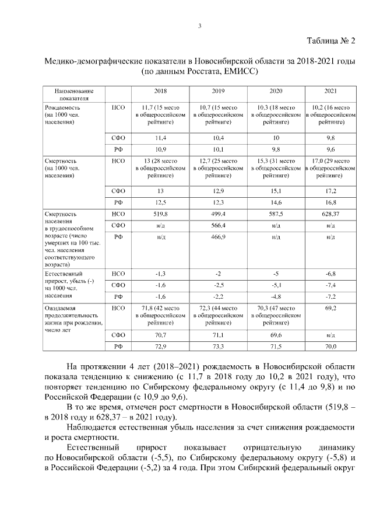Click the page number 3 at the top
(x=200, y=25)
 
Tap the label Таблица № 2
(x=331, y=40)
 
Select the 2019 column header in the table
(x=217, y=91)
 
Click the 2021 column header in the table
(x=330, y=91)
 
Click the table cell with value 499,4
(x=217, y=214)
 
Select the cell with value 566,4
(x=217, y=225)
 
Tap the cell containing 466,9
(x=217, y=236)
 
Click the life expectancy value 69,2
(x=330, y=307)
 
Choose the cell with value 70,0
(x=330, y=347)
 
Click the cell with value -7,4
(x=330, y=285)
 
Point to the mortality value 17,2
(x=330, y=191)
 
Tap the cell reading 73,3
(x=217, y=347)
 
